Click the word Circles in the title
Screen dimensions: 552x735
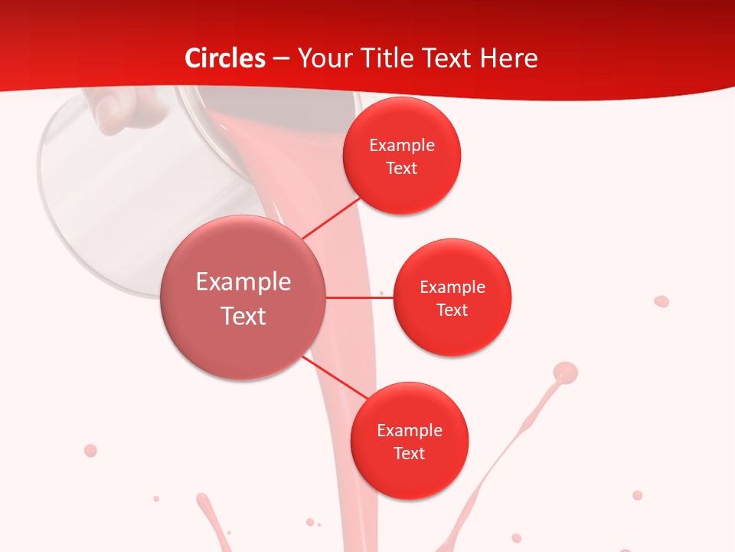point(225,58)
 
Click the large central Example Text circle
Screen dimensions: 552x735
point(243,297)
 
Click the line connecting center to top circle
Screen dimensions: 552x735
point(332,218)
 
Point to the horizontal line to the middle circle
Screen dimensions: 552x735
point(360,297)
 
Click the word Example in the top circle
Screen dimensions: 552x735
point(402,145)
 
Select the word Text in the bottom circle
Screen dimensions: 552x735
point(409,453)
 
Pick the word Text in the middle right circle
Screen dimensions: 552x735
point(452,310)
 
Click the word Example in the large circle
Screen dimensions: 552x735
point(243,281)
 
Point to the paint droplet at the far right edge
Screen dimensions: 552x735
point(661,301)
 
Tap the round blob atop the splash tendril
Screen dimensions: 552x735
point(565,373)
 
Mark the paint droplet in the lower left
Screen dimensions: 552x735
point(90,450)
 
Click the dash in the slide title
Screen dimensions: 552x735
point(280,59)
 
